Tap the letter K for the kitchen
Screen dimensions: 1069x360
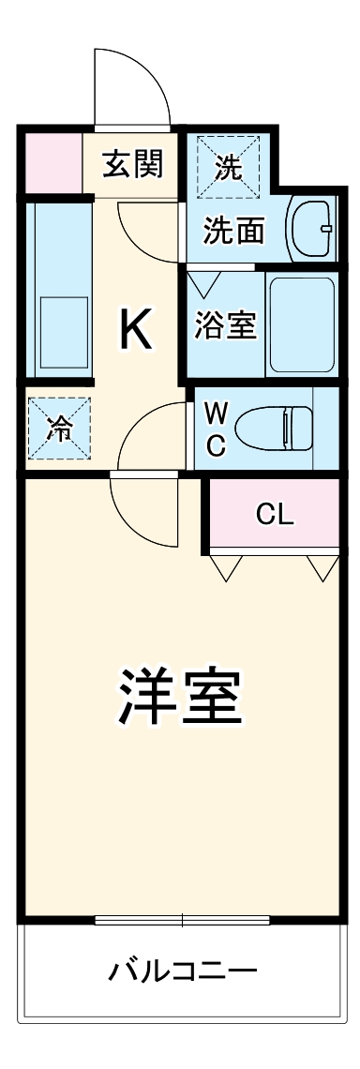point(136,330)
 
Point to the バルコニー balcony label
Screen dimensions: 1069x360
point(180,970)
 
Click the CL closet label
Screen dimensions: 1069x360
point(275,514)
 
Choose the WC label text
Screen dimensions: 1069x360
point(216,429)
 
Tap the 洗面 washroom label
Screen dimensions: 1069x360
point(233,231)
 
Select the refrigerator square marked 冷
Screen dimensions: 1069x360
point(59,429)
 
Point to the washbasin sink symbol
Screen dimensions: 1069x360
point(312,227)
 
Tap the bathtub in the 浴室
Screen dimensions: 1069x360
point(301,324)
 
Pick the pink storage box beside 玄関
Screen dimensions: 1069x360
point(51,163)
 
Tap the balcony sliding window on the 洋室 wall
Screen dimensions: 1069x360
point(183,919)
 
